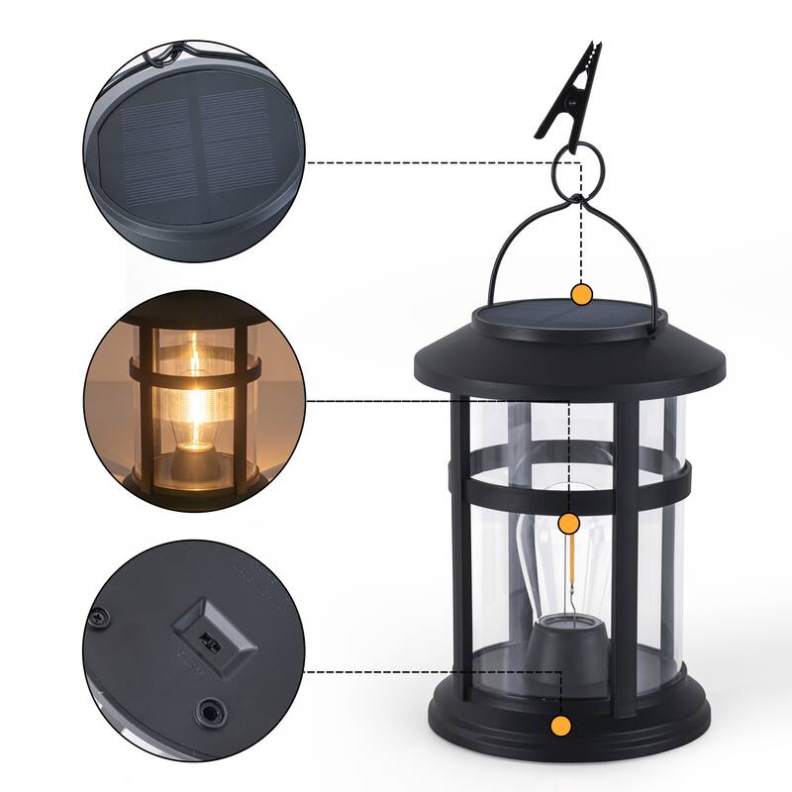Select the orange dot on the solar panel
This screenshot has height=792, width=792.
pyautogui.click(x=582, y=293)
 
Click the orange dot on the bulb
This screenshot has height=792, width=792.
pyautogui.click(x=568, y=523)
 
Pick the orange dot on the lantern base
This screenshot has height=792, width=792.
pyautogui.click(x=561, y=726)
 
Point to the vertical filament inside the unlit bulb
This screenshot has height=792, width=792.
pyautogui.click(x=570, y=569)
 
